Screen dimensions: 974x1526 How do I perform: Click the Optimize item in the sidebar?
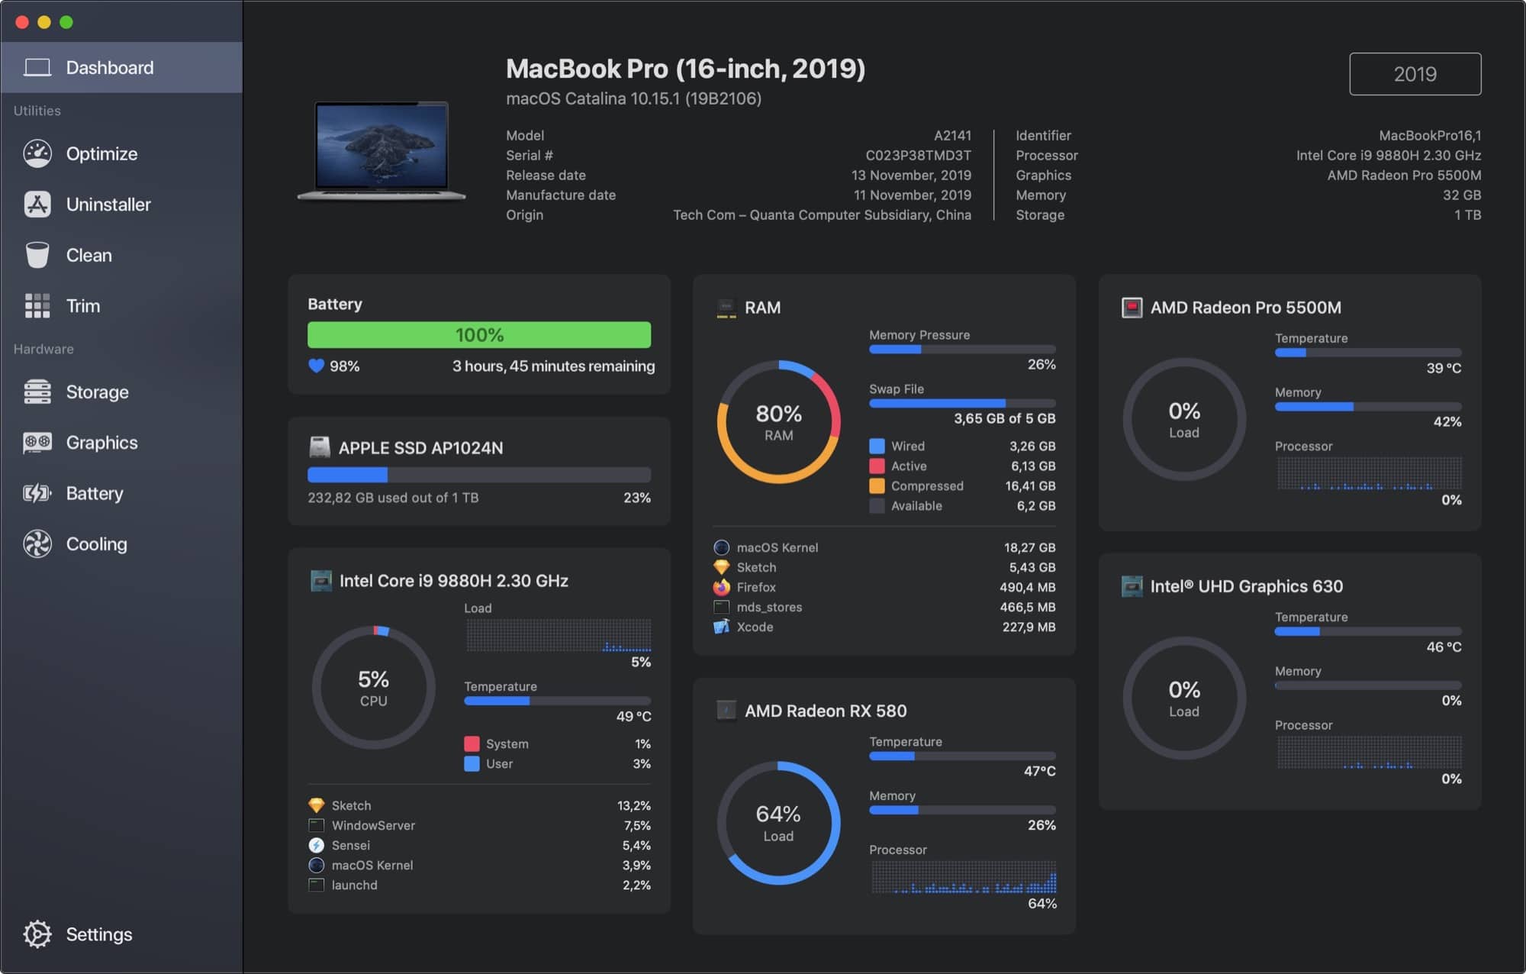click(101, 153)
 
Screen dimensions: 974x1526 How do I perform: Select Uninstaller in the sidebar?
click(108, 205)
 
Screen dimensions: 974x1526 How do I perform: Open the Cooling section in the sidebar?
click(96, 544)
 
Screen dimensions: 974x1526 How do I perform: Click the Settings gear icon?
click(37, 934)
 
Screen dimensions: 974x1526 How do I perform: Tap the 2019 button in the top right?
click(1415, 74)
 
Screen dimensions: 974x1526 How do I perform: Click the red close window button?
click(22, 22)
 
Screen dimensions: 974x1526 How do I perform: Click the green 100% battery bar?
click(479, 335)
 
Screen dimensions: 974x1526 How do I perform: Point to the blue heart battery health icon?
click(316, 366)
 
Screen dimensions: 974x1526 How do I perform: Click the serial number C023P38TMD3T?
click(918, 156)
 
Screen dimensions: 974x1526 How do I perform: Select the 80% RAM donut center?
click(778, 422)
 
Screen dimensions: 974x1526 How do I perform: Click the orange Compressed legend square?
click(877, 486)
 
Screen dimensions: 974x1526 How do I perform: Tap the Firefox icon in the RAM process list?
click(721, 587)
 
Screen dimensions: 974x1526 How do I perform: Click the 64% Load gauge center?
click(778, 823)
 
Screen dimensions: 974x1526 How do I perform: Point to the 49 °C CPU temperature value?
click(633, 716)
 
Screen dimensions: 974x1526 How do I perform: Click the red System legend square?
click(472, 743)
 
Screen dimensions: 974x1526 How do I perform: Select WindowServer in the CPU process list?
click(373, 825)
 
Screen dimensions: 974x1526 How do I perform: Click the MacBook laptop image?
click(381, 150)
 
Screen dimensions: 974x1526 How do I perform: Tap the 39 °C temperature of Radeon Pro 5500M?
click(1444, 368)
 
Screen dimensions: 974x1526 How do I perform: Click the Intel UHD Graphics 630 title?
click(1246, 586)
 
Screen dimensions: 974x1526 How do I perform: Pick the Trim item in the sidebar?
click(82, 306)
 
